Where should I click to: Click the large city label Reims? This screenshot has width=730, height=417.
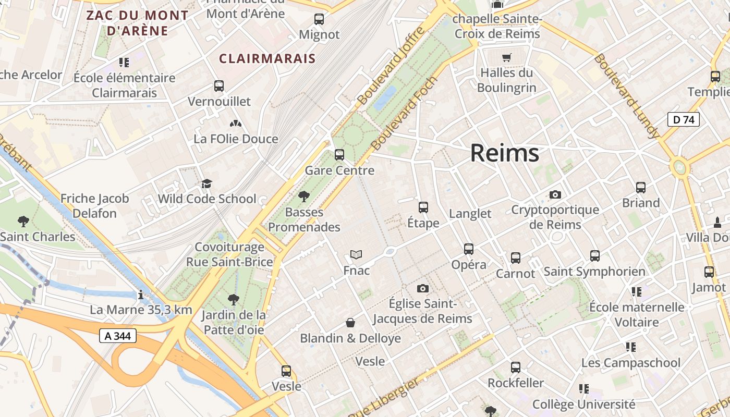coord(504,153)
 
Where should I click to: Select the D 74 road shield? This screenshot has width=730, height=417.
coord(683,119)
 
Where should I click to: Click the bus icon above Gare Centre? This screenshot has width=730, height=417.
coord(339,155)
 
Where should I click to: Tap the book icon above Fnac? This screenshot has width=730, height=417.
coord(356,255)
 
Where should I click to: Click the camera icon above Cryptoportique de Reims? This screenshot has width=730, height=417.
coord(555,194)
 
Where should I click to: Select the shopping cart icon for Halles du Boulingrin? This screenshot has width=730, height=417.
coord(506,57)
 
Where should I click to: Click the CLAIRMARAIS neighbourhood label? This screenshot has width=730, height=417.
coord(267,58)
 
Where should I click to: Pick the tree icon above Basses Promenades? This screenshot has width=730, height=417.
coord(303,197)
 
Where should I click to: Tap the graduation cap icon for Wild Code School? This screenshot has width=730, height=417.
coord(207,183)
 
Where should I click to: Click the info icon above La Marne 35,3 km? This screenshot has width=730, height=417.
coord(141,295)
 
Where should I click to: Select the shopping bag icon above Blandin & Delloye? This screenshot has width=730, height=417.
coord(350,323)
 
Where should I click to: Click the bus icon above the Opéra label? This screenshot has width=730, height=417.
coord(469,249)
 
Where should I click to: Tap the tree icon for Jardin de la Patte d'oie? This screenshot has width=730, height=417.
coord(234,300)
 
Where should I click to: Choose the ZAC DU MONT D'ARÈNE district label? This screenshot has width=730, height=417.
coord(137,23)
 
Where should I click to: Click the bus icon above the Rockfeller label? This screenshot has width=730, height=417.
coord(516,367)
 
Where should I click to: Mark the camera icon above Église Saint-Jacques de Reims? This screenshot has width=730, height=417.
coord(423,288)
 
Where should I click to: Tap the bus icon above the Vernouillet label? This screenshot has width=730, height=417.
coord(219,86)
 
